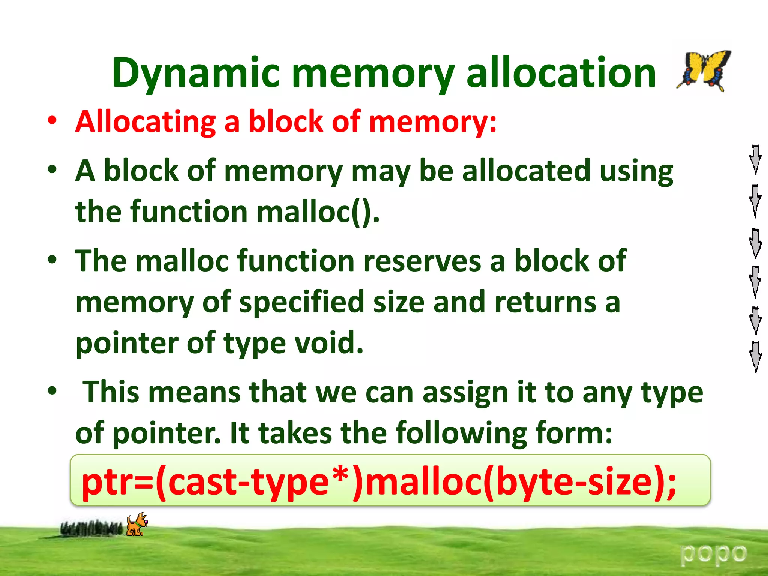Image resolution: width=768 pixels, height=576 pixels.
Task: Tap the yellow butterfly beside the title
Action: click(704, 70)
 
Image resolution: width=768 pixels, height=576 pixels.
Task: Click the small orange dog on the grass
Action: click(136, 524)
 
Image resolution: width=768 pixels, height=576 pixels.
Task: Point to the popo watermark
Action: click(713, 555)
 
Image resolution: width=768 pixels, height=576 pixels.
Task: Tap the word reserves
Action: click(422, 261)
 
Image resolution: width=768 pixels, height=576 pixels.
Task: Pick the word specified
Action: click(302, 302)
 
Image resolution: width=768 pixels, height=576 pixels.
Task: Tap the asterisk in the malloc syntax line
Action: click(342, 475)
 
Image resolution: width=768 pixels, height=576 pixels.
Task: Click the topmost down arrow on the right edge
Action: click(755, 160)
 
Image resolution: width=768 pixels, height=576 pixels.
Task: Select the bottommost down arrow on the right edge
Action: click(755, 357)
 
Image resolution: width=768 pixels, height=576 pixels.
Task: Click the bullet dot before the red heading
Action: click(52, 121)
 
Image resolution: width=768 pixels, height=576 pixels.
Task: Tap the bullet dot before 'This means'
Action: click(52, 391)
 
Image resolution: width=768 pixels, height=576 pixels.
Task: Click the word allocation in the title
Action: click(561, 73)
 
